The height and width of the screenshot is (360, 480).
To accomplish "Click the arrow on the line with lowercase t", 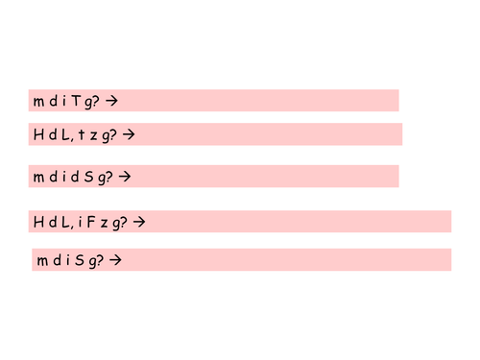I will (129, 134).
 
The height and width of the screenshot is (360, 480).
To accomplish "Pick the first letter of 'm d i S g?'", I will (41, 260).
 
